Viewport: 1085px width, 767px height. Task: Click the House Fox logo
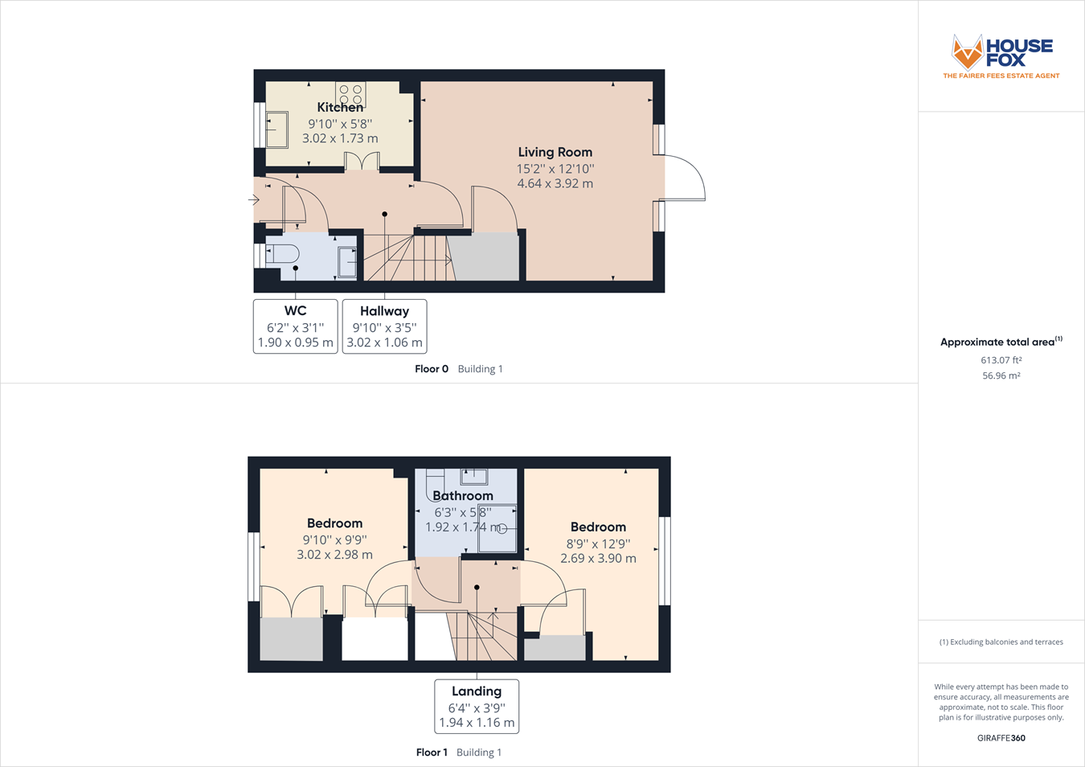tap(1001, 55)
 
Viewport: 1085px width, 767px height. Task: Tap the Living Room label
tap(555, 152)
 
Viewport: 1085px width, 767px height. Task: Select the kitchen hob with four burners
tap(350, 93)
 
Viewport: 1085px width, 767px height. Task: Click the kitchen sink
tap(277, 129)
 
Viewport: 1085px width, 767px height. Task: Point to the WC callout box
tap(295, 326)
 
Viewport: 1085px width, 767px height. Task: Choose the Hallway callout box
tap(384, 326)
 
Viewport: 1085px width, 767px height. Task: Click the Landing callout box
tap(477, 707)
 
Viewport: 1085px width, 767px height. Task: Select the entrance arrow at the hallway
tap(254, 199)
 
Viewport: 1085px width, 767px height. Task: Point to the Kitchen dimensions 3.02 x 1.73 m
tap(340, 138)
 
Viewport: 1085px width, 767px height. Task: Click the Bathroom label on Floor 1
tap(463, 496)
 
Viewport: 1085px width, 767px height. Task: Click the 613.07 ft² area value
tap(1001, 360)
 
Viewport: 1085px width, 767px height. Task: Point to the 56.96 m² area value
tap(1001, 375)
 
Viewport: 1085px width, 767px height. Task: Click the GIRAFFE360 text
tap(1001, 738)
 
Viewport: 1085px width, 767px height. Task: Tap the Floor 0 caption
tap(432, 369)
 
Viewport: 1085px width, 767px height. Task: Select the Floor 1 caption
tap(432, 753)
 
